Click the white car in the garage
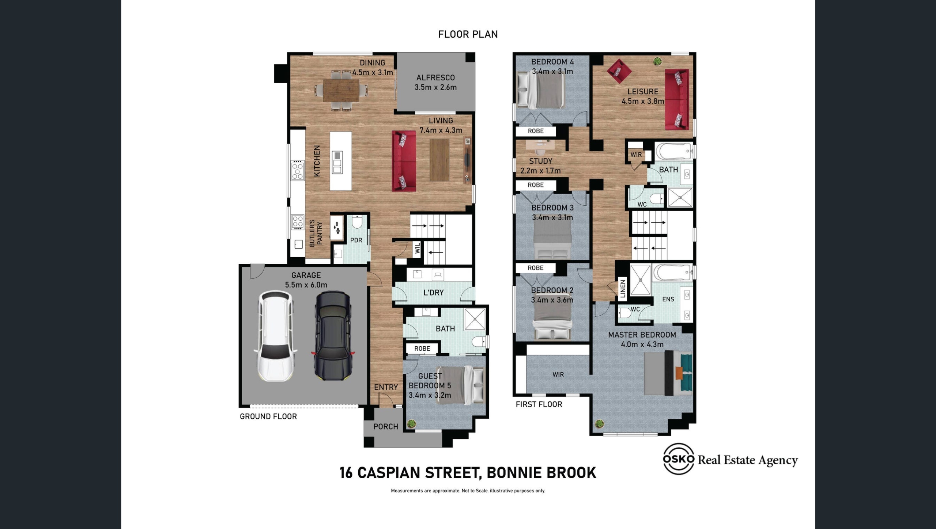coord(275,336)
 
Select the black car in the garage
coord(333,336)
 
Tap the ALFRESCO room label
coord(435,78)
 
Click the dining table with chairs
coord(341,91)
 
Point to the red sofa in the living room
coord(404,161)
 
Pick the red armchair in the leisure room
coord(619,71)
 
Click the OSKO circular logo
coord(679,459)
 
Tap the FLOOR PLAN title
coord(468,34)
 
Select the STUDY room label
coord(540,161)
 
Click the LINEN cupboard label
coord(623,288)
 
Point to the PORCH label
coord(386,427)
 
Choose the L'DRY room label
coord(433,293)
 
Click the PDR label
coord(356,240)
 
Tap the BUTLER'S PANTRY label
coord(316,233)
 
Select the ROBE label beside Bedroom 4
coord(536,131)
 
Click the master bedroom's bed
coord(668,373)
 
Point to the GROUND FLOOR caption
coord(268,416)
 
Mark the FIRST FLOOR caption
coord(539,404)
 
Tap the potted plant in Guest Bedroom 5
coord(412,424)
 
